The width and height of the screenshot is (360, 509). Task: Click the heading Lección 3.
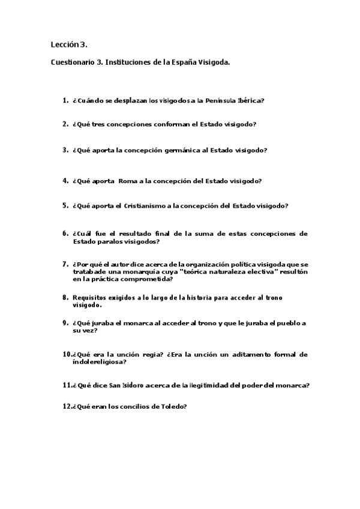(x=70, y=44)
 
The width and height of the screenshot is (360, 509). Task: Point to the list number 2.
(x=65, y=124)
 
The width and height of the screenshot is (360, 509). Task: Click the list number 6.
(x=65, y=233)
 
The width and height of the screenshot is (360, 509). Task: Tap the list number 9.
(x=65, y=323)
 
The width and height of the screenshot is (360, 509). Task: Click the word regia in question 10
(x=148, y=354)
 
